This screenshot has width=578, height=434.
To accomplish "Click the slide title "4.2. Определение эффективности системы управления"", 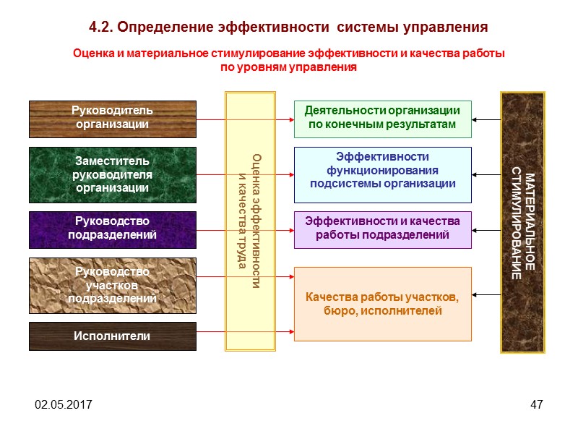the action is click(288, 27).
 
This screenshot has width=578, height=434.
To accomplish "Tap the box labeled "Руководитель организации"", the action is click(112, 119).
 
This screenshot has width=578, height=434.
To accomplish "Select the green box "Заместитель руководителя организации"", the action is click(112, 174).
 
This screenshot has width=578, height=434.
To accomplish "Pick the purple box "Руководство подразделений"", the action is click(112, 229).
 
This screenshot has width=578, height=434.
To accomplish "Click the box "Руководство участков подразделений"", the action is click(112, 285).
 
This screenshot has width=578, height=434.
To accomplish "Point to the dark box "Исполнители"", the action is click(112, 336).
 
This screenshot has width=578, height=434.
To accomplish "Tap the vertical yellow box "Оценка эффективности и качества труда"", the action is click(250, 221).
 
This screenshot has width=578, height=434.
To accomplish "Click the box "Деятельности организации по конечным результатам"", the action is click(382, 119).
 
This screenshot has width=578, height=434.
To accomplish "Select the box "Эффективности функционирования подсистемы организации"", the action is click(382, 174).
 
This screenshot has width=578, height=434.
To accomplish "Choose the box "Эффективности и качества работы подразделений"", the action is click(382, 229).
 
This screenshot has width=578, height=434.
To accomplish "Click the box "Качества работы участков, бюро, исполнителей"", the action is click(382, 304).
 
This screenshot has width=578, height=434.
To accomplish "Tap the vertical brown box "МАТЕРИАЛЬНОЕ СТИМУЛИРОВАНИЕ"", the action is click(522, 221).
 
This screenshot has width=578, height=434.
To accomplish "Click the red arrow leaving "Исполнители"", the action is click(245, 332).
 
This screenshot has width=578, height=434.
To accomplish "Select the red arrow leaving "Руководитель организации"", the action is click(245, 119).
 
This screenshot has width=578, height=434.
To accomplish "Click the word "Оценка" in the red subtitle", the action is click(92, 54).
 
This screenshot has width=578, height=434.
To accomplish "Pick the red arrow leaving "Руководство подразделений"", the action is click(245, 230).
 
